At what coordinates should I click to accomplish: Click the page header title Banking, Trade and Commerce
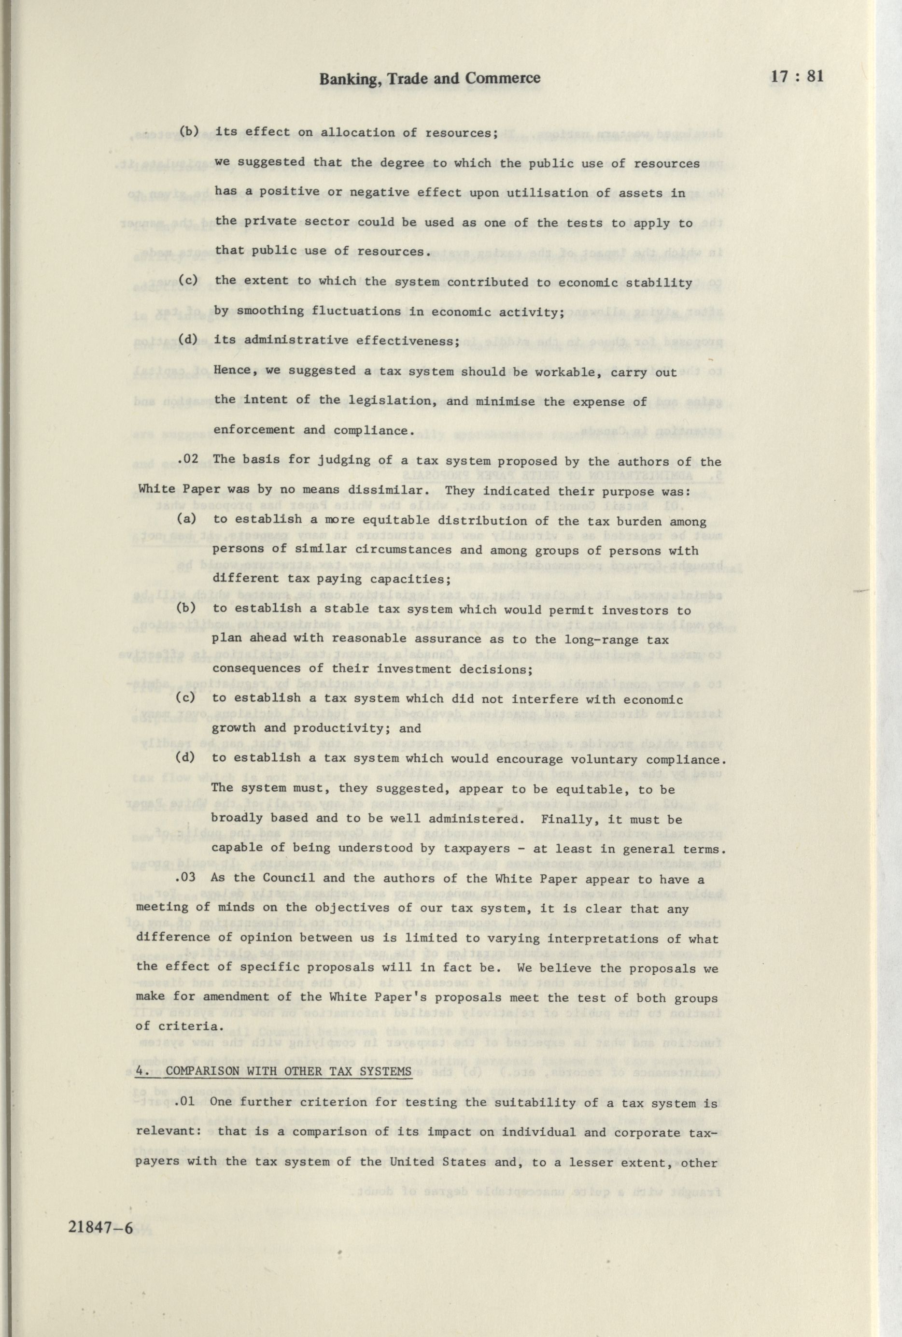[x=430, y=78]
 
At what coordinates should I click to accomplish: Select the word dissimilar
[x=388, y=491]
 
